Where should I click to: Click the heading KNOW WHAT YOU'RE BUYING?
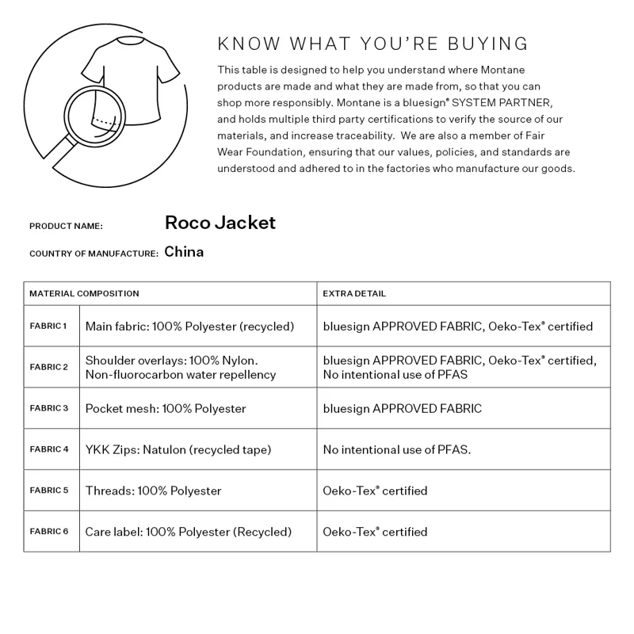[372, 43]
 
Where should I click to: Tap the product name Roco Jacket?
[220, 223]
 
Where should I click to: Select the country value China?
[184, 252]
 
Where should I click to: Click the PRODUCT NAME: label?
[66, 226]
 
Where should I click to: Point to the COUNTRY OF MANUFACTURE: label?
[94, 254]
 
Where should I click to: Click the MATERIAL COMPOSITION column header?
[84, 293]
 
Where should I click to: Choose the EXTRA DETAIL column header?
[354, 293]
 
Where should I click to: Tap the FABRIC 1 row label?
[48, 326]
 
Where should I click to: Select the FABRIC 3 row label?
[48, 408]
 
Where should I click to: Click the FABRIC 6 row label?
[48, 531]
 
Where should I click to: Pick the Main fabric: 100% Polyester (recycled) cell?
[189, 326]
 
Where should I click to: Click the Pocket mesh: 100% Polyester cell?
[166, 408]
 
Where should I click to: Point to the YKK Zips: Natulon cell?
[178, 449]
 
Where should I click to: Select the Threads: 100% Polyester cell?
[153, 491]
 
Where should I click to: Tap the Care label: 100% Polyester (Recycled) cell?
[189, 531]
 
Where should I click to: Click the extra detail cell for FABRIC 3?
[402, 408]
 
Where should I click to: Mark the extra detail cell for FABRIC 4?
[397, 449]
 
